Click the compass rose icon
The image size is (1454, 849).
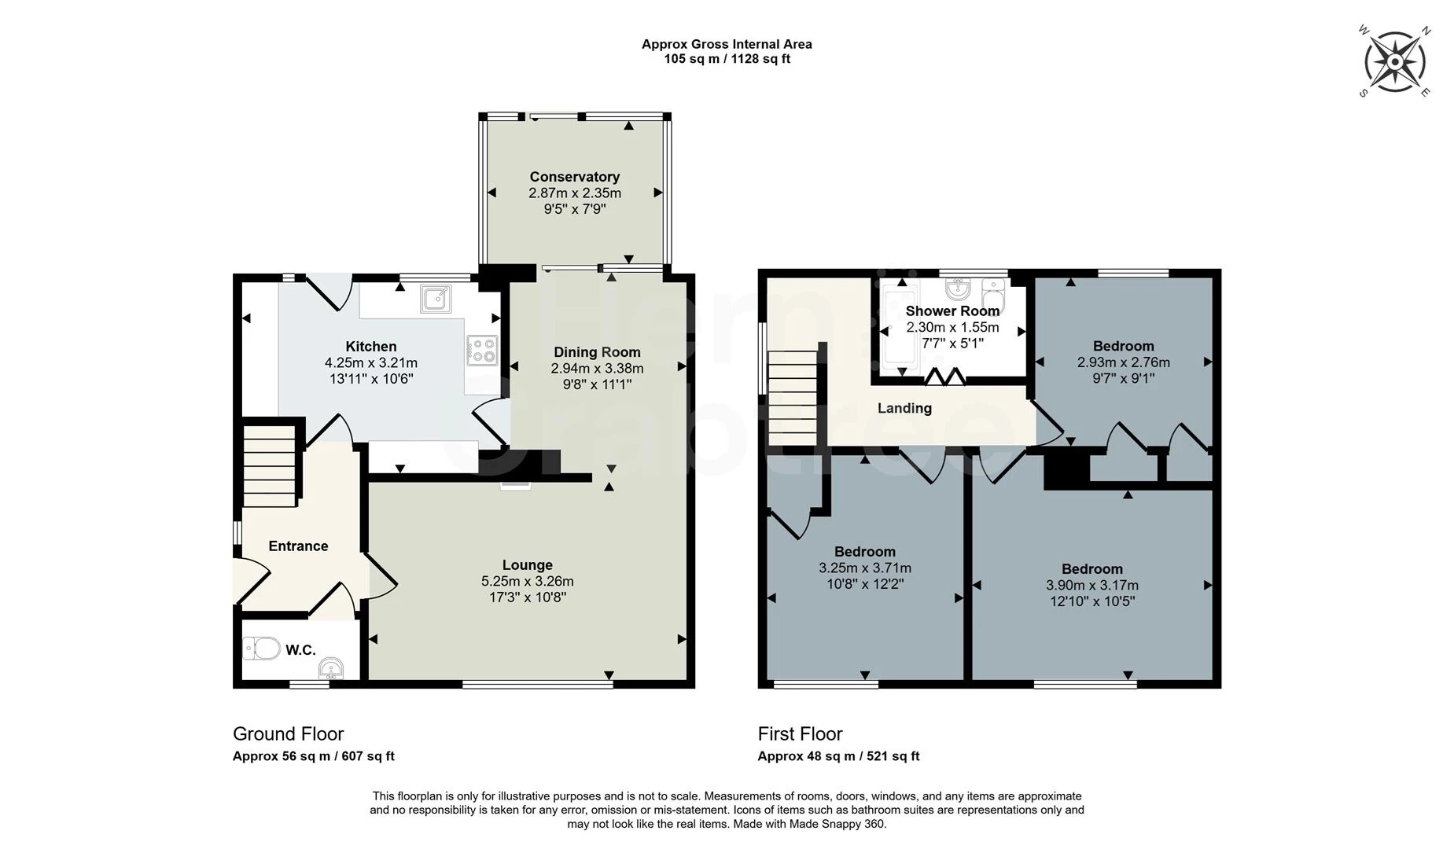pyautogui.click(x=1394, y=61)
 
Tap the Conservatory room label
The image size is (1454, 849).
pyautogui.click(x=574, y=177)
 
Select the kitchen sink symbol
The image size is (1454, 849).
pyautogui.click(x=436, y=299)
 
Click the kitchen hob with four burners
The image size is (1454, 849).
pyautogui.click(x=482, y=351)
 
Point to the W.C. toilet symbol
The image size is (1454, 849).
pyautogui.click(x=262, y=649)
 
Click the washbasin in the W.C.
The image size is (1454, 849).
pyautogui.click(x=331, y=668)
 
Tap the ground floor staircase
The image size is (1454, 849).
pyautogui.click(x=269, y=466)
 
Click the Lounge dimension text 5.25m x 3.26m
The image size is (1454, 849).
pyautogui.click(x=528, y=582)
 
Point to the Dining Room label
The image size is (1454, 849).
pyautogui.click(x=597, y=352)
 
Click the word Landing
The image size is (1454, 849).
pyautogui.click(x=904, y=408)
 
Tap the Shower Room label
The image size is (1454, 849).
pyautogui.click(x=952, y=311)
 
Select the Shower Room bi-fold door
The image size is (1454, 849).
pyautogui.click(x=944, y=377)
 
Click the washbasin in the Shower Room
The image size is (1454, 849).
pyautogui.click(x=957, y=289)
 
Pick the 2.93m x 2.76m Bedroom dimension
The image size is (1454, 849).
pyautogui.click(x=1123, y=362)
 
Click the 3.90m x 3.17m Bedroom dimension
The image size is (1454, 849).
pyautogui.click(x=1092, y=586)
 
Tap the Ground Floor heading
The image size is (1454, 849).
pyautogui.click(x=289, y=733)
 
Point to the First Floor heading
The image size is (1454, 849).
pyautogui.click(x=800, y=733)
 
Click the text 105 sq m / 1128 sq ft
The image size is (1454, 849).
pyautogui.click(x=727, y=59)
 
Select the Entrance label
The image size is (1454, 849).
pyautogui.click(x=298, y=546)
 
